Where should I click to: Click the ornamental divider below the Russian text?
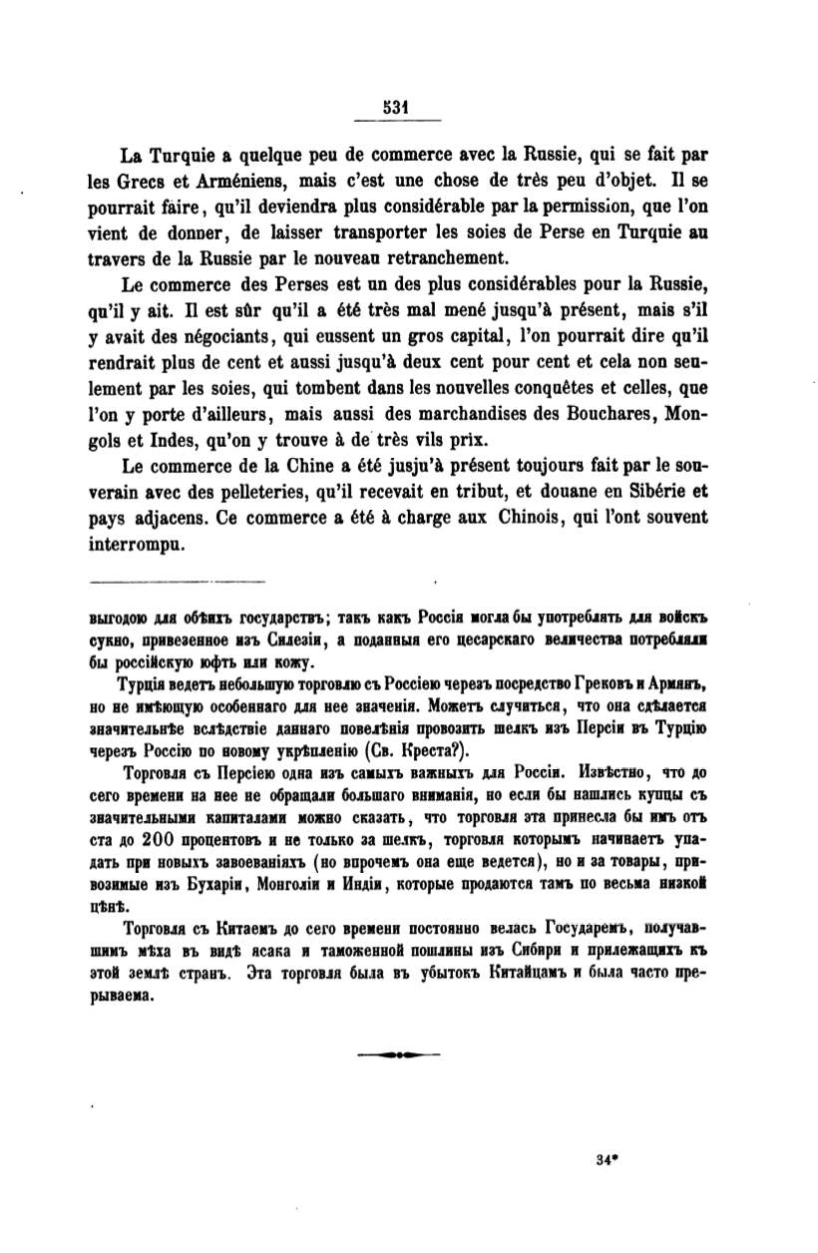click(398, 1052)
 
